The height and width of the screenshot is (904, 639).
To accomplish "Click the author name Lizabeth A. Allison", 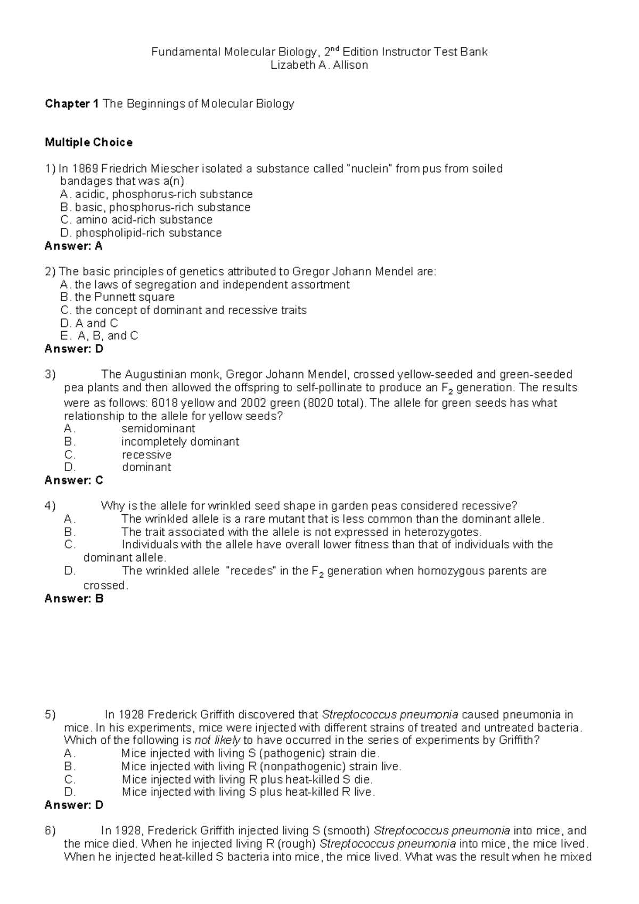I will tap(319, 65).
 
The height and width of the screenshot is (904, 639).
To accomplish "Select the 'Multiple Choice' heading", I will tap(88, 142).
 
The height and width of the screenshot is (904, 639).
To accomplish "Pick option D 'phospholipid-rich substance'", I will tap(148, 233).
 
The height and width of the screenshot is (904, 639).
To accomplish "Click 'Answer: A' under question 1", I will tap(73, 246).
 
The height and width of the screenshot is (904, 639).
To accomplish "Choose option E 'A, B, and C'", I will tap(107, 336).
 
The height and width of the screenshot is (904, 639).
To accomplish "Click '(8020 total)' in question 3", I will tap(334, 403).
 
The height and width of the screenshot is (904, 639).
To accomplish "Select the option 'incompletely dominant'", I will tap(180, 442).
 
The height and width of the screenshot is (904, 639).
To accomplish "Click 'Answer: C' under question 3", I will tap(73, 480).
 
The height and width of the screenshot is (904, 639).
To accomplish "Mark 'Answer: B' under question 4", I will tap(73, 598).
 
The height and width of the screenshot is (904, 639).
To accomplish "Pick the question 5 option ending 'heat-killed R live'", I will tap(248, 792).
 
